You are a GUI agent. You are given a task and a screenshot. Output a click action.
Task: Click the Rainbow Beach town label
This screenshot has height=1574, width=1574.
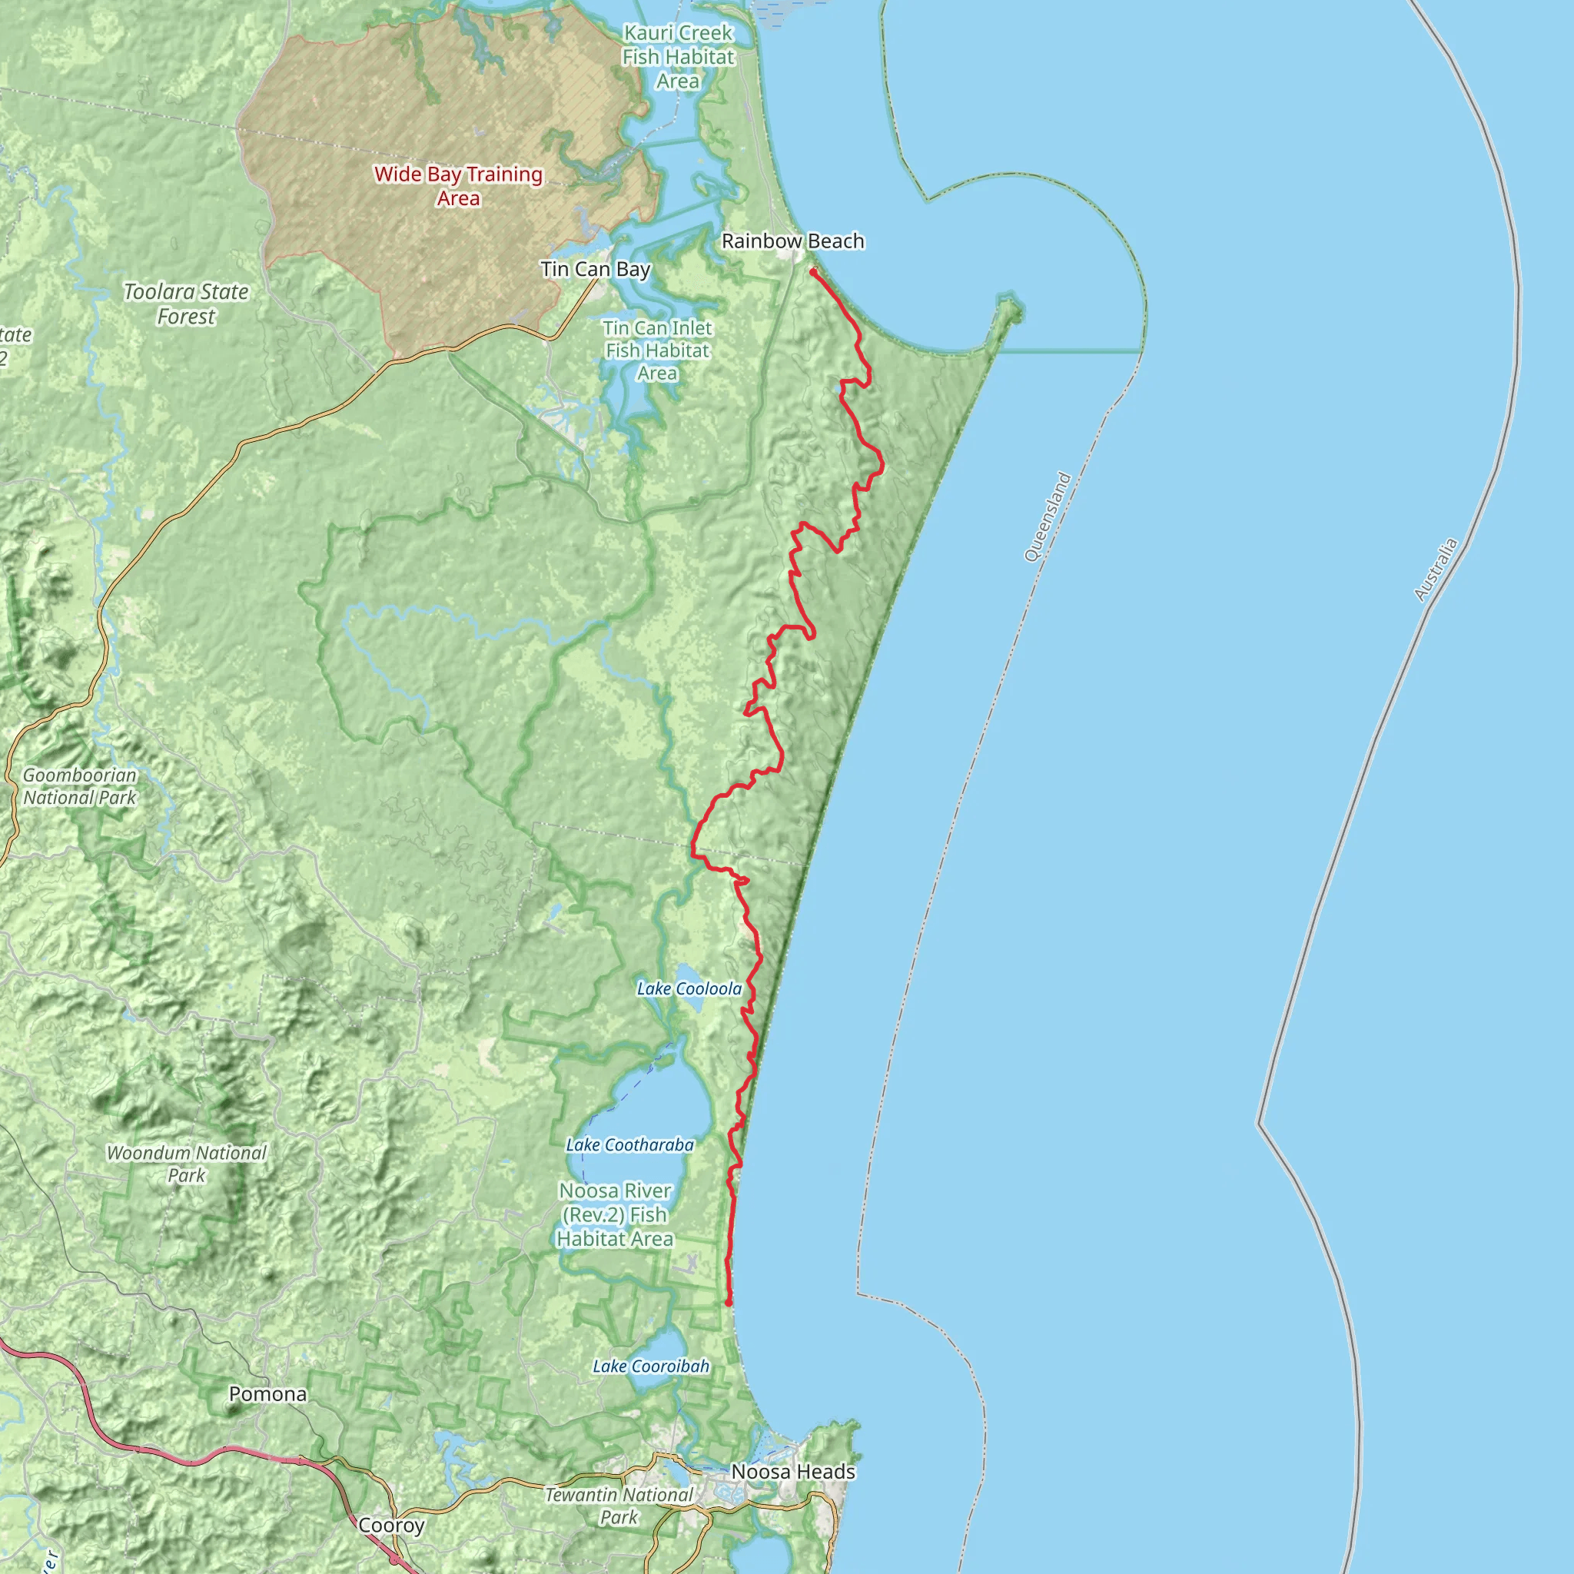[x=792, y=241]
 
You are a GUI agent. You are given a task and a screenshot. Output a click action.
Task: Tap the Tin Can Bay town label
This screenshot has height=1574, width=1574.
[x=596, y=270]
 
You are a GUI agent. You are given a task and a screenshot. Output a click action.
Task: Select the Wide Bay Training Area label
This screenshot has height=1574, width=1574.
[x=459, y=186]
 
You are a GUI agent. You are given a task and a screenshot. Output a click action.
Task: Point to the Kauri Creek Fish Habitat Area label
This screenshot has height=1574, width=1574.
[x=678, y=57]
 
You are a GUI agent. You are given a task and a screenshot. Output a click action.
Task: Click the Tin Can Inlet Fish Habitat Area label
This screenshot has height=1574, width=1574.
[x=657, y=350]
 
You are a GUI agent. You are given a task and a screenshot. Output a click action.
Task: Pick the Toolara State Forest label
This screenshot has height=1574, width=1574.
[x=186, y=304]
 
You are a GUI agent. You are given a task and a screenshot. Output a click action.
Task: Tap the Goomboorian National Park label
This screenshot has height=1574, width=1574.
[x=80, y=786]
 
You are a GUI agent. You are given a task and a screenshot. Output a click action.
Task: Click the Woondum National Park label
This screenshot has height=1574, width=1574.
[x=187, y=1164]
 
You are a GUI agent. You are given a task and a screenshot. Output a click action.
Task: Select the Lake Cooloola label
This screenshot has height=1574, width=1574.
[x=689, y=988]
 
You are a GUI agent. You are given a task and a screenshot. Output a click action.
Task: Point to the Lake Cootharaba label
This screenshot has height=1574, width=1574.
[x=629, y=1144]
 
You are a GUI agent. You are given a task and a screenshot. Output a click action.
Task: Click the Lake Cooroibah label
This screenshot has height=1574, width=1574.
[x=651, y=1366]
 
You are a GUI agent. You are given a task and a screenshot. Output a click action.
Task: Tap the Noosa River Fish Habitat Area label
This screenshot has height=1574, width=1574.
[x=615, y=1215]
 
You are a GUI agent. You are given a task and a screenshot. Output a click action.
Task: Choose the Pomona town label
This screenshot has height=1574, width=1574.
[x=268, y=1394]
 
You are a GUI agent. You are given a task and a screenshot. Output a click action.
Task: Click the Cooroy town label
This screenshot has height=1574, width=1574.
[x=392, y=1525]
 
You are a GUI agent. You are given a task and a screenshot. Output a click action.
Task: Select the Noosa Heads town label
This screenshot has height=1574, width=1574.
[x=793, y=1471]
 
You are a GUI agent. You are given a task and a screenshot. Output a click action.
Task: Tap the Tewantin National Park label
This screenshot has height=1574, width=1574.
[x=619, y=1506]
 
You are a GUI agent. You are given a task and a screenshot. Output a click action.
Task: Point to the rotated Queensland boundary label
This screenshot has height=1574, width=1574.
[x=1048, y=516]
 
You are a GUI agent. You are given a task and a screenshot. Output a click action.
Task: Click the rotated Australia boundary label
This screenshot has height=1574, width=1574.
[x=1436, y=569]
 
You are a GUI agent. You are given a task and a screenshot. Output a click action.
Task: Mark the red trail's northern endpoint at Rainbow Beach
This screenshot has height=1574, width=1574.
[x=813, y=272]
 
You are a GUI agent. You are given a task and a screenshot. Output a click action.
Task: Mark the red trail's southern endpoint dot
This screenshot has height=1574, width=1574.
[x=729, y=1303]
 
